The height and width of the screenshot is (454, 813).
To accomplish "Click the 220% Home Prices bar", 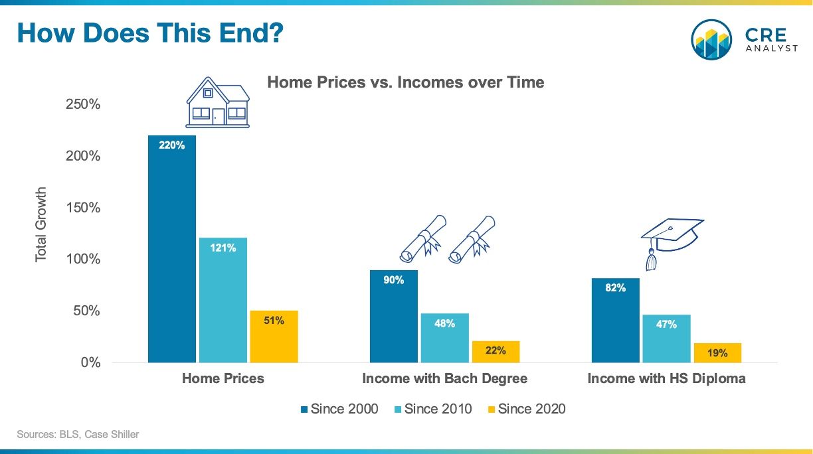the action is coord(171,249).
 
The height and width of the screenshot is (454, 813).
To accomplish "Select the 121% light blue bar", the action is coord(223,300).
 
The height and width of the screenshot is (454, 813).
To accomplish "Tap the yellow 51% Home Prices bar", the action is coord(274,337).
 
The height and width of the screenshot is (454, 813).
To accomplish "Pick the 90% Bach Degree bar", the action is coord(394,316).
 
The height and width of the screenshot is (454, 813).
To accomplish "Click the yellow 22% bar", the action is coord(496,352).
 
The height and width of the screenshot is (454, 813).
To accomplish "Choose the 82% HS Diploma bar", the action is coord(616,321).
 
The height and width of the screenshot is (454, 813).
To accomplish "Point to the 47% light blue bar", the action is coord(666,339).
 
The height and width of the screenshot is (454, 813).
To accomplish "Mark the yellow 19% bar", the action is coord(717,353).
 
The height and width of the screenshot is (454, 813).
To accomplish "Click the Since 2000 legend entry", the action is coord(339,409).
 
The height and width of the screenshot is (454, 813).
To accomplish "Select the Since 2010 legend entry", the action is coord(433,409).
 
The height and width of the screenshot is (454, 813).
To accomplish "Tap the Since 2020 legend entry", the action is coord(527,409).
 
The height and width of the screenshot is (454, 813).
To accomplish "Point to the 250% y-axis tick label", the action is coord(83,104).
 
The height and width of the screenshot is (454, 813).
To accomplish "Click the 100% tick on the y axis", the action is coord(83,260).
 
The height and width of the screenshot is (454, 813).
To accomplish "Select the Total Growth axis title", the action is coord(41,225).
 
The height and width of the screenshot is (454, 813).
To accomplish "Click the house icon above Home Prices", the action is coord(218,102).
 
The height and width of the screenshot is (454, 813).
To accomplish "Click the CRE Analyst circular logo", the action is coord(711,40).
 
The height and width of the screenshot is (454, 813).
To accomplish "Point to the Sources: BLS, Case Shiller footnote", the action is coord(78,434).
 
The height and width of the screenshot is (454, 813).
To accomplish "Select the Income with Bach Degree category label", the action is coord(444,378).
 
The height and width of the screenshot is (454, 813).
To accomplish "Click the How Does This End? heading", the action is coord(150,33).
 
